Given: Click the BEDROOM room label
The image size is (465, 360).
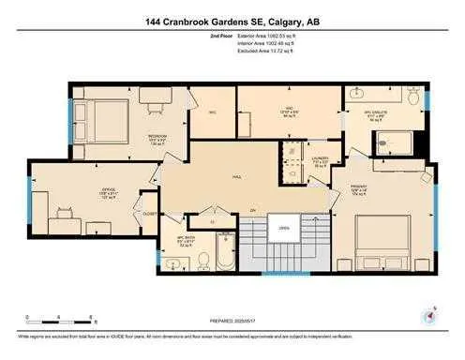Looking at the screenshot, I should (157, 136).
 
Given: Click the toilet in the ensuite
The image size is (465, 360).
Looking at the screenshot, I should (412, 97).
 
